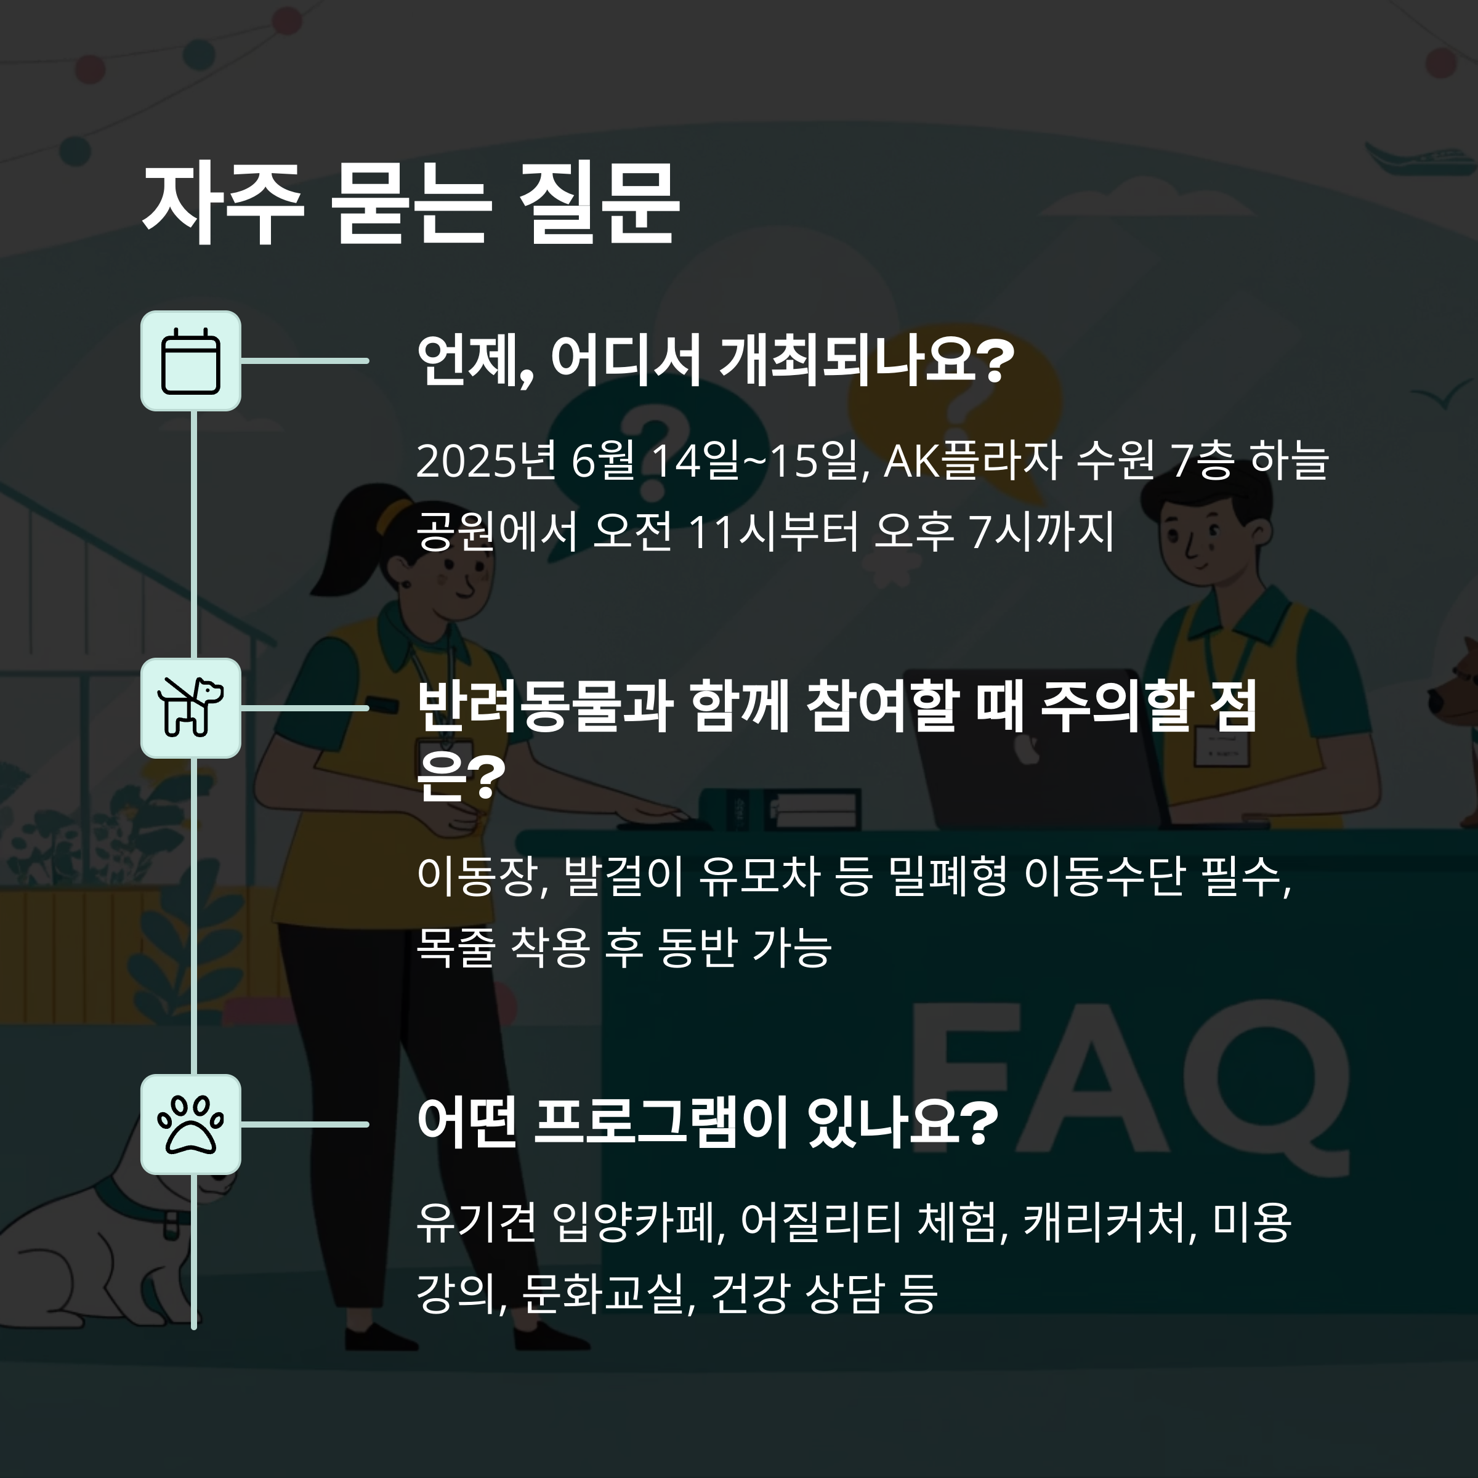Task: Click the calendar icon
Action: [x=190, y=360]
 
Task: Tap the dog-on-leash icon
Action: [x=190, y=708]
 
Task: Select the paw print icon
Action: [x=190, y=1124]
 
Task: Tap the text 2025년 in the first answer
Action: [x=485, y=461]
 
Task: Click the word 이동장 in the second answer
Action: [x=477, y=877]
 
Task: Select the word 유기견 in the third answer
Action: [x=477, y=1222]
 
